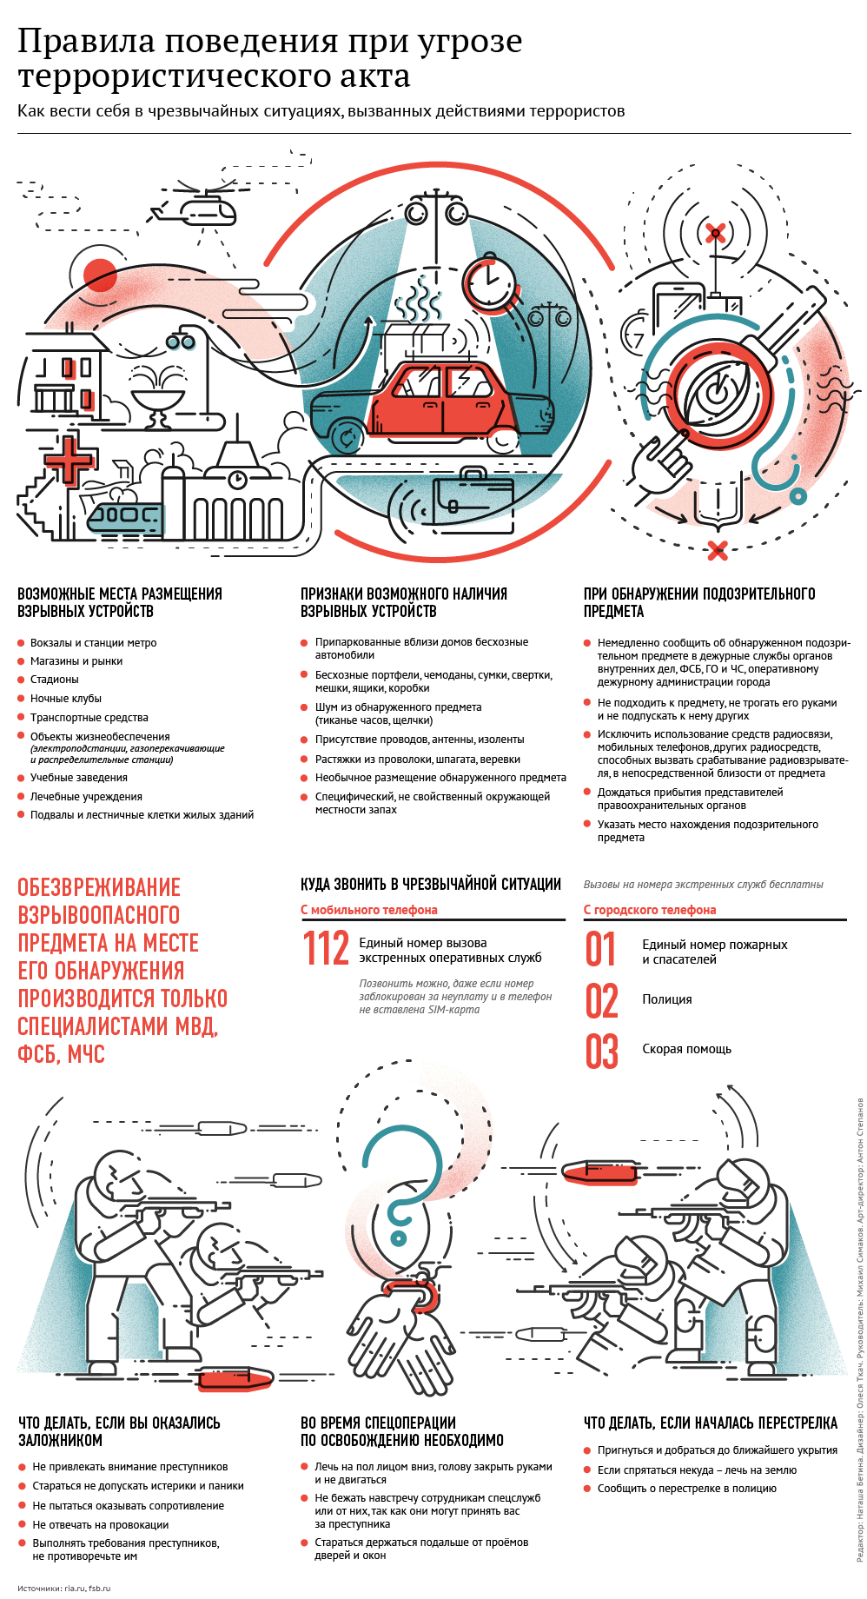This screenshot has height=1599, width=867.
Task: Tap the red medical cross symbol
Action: pos(68,460)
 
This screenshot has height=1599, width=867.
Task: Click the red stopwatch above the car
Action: pos(489,282)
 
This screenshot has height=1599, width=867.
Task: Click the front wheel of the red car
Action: pos(503,439)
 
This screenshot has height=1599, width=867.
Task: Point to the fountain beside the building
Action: pos(159,395)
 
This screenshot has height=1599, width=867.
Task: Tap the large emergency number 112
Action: pos(326,949)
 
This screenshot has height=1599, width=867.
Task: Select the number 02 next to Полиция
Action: pos(601,1000)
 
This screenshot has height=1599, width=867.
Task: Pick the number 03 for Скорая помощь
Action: pos(601,1051)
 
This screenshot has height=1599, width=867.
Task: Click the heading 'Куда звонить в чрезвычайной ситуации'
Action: pos(431,885)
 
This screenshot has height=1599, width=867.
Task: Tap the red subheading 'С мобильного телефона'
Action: pos(369,910)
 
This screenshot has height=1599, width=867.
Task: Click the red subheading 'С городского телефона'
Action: pos(650,910)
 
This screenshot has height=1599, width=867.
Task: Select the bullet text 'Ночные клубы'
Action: pos(66,699)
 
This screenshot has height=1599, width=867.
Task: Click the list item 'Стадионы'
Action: pos(55,680)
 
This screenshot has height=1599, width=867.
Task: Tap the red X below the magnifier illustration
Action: pos(717,550)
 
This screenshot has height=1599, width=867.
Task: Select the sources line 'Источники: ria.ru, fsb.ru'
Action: pos(64,1588)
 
